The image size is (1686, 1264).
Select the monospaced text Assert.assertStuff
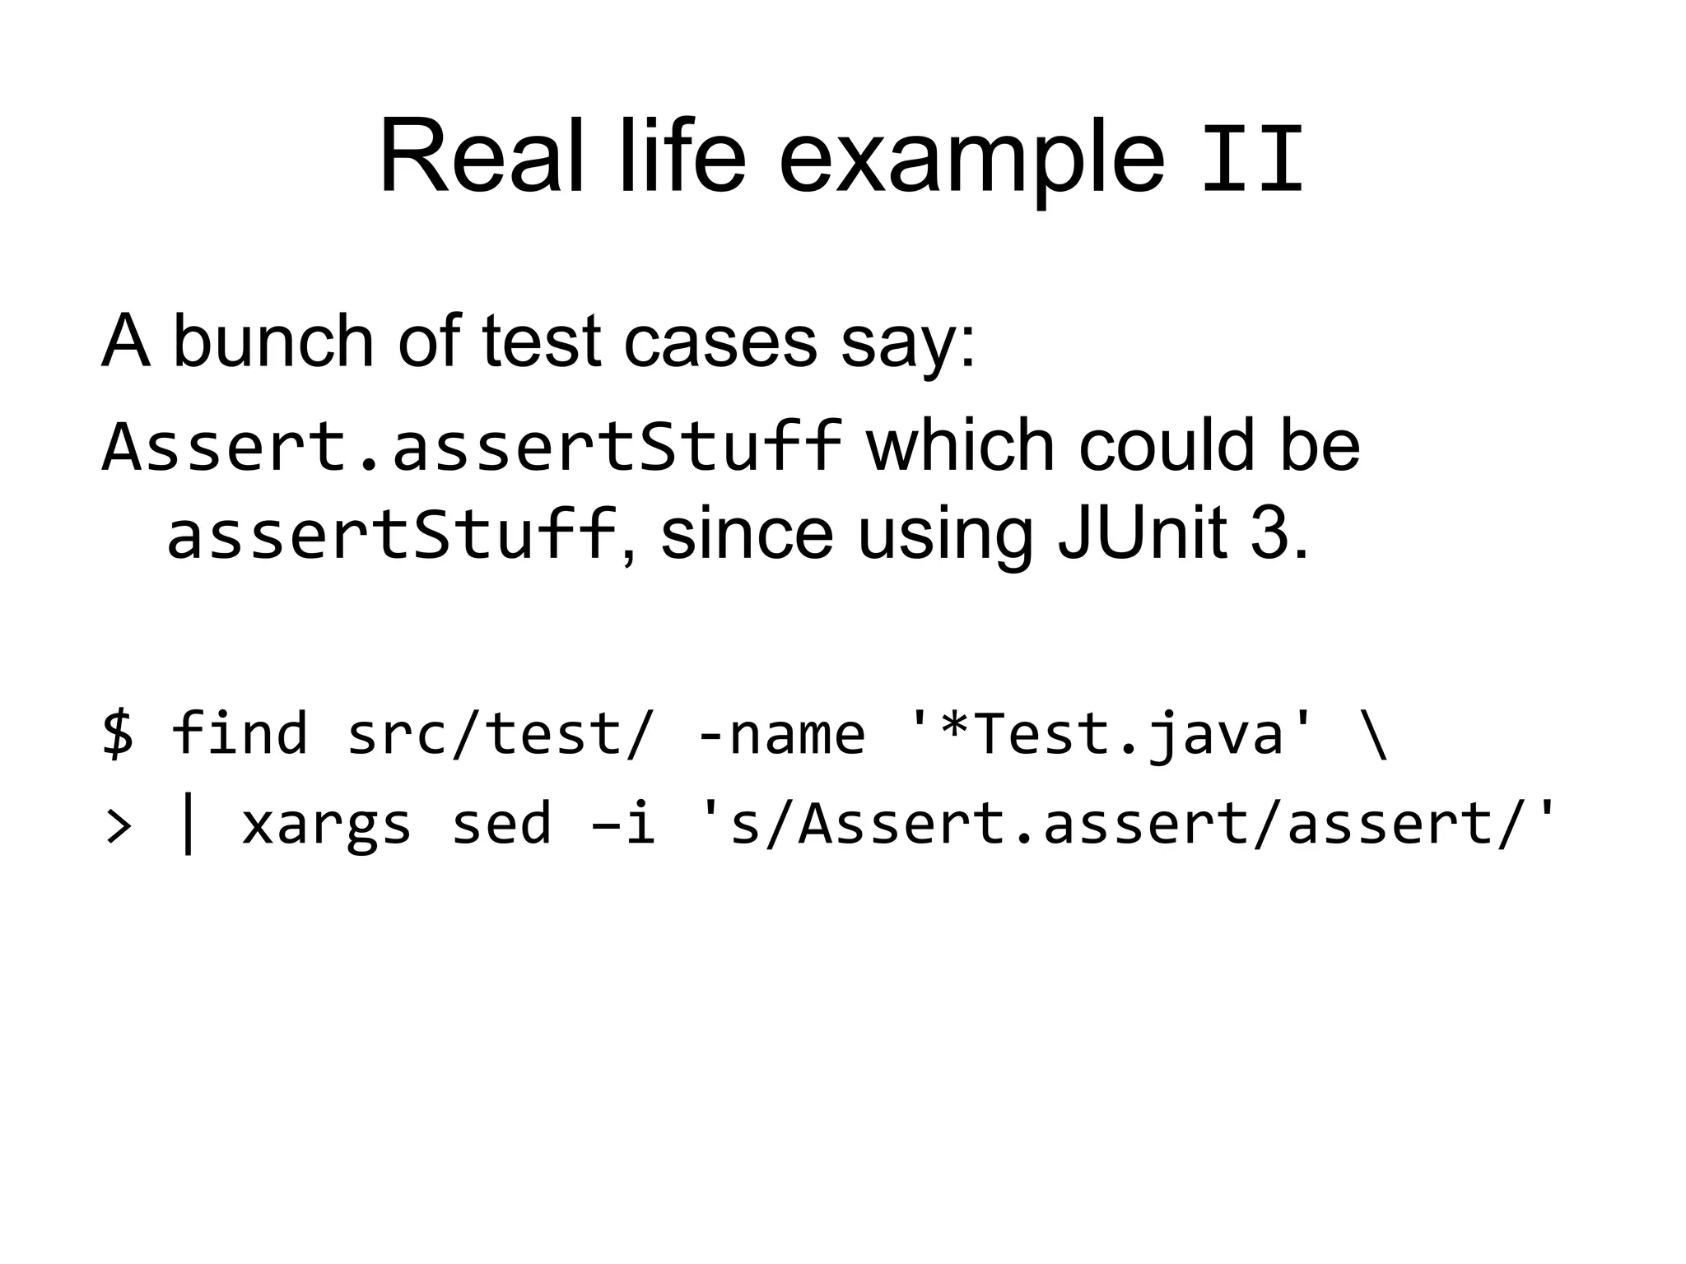(471, 447)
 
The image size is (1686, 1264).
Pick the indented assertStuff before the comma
(392, 535)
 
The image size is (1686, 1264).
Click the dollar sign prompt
(118, 732)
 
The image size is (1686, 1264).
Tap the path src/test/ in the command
(499, 732)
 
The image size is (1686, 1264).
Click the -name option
(780, 732)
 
